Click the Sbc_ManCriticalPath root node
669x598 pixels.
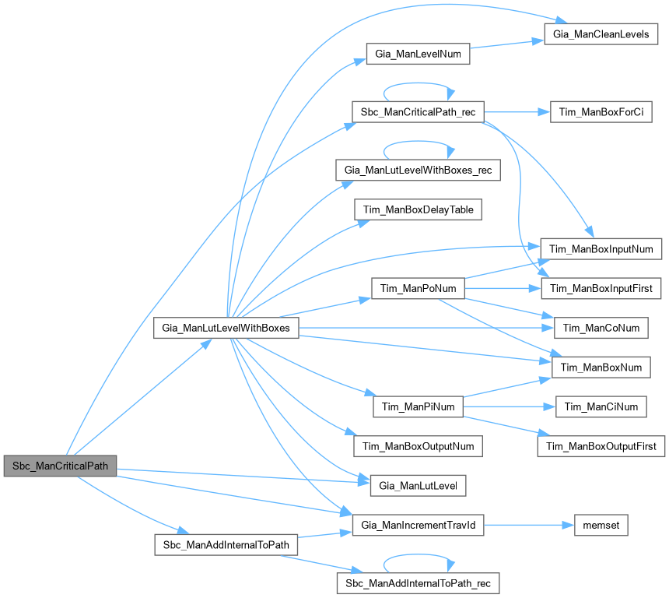[x=60, y=466]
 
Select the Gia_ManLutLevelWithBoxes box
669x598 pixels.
[x=226, y=328]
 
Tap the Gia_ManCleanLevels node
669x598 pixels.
[x=601, y=34]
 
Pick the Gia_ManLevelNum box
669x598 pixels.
[x=419, y=54]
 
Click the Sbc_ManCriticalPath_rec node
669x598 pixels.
[x=419, y=112]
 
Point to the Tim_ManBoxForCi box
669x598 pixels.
[x=601, y=112]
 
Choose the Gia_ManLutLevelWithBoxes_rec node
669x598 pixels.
[x=419, y=170]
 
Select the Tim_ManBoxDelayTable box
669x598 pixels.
[x=419, y=209]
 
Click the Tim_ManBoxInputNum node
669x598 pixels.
[x=601, y=248]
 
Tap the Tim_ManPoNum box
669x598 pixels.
[x=419, y=288]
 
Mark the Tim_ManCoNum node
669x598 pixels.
[x=601, y=328]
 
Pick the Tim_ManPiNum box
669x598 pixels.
[x=419, y=406]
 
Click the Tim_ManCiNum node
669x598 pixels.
[x=601, y=406]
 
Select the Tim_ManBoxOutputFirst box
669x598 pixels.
[x=601, y=446]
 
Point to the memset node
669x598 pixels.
[x=601, y=525]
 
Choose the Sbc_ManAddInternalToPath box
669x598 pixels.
[x=226, y=544]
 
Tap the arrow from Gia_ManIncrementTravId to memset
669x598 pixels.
[x=529, y=525]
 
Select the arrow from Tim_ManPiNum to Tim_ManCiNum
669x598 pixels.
[x=510, y=406]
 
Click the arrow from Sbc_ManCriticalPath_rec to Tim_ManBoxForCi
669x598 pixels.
[x=517, y=112]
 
